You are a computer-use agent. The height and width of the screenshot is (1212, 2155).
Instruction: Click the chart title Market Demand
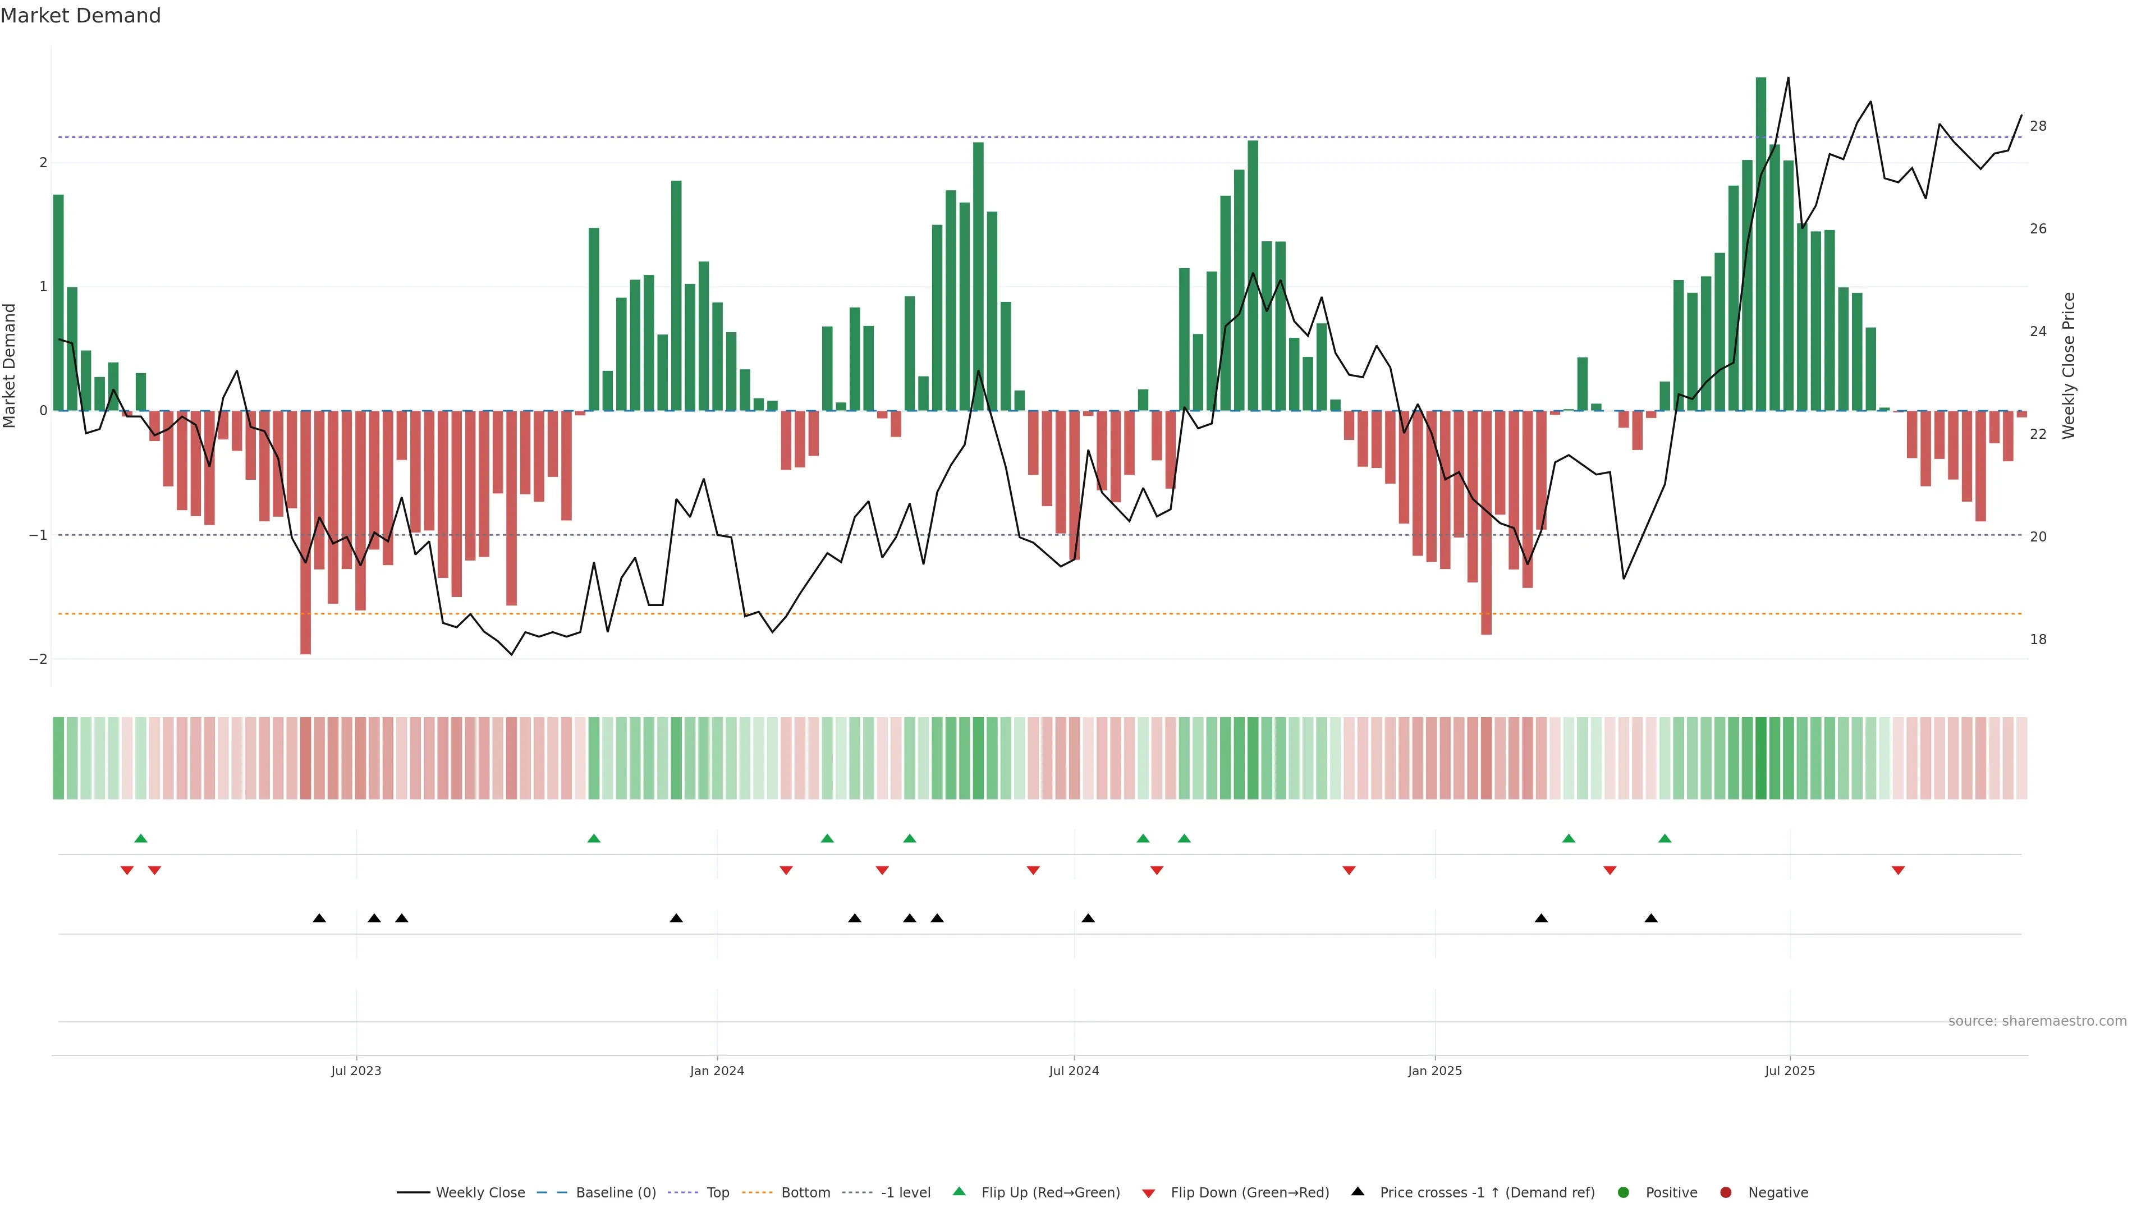[80, 16]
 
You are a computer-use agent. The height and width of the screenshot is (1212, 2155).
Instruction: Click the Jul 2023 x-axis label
[356, 1071]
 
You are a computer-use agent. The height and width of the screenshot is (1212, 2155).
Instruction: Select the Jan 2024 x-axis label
[717, 1071]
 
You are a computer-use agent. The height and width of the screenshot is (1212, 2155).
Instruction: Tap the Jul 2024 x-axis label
[1074, 1071]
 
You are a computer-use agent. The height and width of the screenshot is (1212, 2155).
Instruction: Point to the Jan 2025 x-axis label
[1435, 1071]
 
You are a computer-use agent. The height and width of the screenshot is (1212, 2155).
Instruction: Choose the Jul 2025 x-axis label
[1790, 1071]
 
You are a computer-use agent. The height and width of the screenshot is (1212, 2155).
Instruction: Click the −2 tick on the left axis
[39, 659]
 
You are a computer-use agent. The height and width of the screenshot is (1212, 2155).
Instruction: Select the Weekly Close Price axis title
[2069, 365]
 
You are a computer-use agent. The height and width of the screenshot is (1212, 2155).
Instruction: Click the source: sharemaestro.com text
[2037, 1021]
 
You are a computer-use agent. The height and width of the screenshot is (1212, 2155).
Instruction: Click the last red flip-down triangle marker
[1898, 871]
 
